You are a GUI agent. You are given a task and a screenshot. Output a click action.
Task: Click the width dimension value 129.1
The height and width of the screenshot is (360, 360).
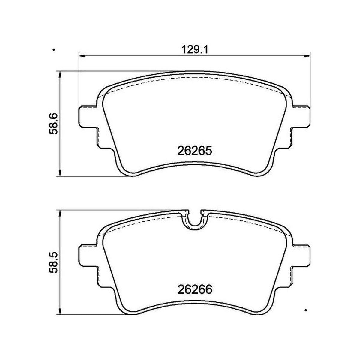click(195, 50)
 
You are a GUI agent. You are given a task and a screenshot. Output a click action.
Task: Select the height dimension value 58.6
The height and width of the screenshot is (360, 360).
click(53, 124)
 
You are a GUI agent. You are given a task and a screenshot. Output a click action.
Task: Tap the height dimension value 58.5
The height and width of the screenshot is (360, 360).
click(53, 263)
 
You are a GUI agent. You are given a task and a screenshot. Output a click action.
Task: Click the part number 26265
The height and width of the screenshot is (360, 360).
click(195, 151)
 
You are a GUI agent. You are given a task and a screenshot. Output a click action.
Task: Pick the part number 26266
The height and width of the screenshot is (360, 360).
click(195, 290)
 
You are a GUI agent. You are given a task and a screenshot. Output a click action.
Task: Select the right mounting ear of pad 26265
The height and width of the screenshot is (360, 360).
click(301, 117)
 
